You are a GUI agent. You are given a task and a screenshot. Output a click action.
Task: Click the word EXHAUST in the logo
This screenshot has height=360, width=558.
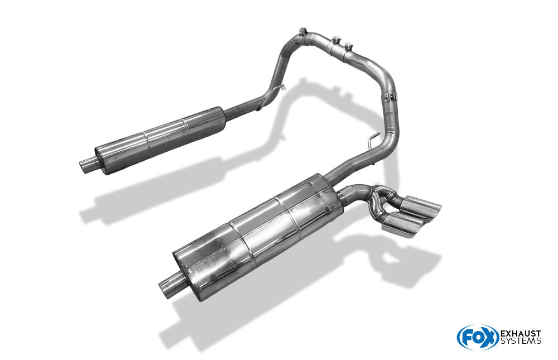521,334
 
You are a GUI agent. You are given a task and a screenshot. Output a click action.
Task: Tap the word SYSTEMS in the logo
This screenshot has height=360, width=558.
521,341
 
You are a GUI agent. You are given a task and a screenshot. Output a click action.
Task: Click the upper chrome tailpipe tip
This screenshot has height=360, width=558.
422,207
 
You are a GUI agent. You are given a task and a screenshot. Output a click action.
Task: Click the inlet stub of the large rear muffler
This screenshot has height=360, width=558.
169,286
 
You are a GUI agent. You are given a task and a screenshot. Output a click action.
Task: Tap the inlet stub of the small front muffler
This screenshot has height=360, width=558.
88,166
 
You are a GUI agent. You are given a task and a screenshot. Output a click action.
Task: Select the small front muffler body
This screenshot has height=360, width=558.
160,140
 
